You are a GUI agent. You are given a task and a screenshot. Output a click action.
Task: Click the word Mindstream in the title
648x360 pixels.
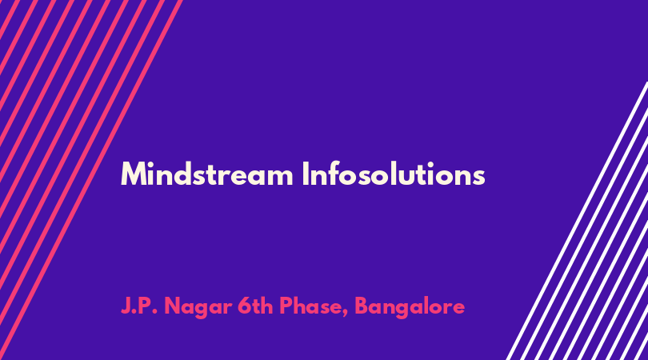[x=207, y=174]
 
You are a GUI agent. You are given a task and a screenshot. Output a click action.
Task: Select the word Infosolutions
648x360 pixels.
[x=394, y=174]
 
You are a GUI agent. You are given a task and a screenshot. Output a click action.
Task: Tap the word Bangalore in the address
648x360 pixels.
[x=410, y=307]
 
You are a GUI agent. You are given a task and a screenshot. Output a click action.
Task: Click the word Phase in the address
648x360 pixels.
[x=310, y=306]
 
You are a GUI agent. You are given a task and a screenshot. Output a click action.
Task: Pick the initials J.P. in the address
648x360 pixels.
[x=139, y=306]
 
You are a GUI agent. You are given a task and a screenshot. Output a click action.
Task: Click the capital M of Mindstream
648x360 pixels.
[x=133, y=174]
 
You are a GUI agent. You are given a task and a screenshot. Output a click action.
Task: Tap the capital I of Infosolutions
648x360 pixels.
[x=306, y=174]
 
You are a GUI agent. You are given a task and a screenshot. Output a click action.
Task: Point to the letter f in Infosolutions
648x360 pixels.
[x=338, y=173]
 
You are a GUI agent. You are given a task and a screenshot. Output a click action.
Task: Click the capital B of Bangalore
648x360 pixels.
[x=363, y=306]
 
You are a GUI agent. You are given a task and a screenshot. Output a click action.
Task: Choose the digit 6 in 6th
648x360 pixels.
[x=244, y=306]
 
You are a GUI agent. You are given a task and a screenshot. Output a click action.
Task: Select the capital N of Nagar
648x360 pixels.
[x=173, y=306]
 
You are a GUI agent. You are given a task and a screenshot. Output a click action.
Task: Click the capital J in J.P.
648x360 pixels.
[x=126, y=306]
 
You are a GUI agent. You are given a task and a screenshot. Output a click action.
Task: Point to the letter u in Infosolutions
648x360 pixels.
[x=416, y=177]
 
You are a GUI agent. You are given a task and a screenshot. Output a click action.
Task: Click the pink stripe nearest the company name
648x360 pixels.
[x=91, y=180]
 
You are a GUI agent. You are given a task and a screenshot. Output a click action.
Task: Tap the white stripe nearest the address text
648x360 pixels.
[x=577, y=221]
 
